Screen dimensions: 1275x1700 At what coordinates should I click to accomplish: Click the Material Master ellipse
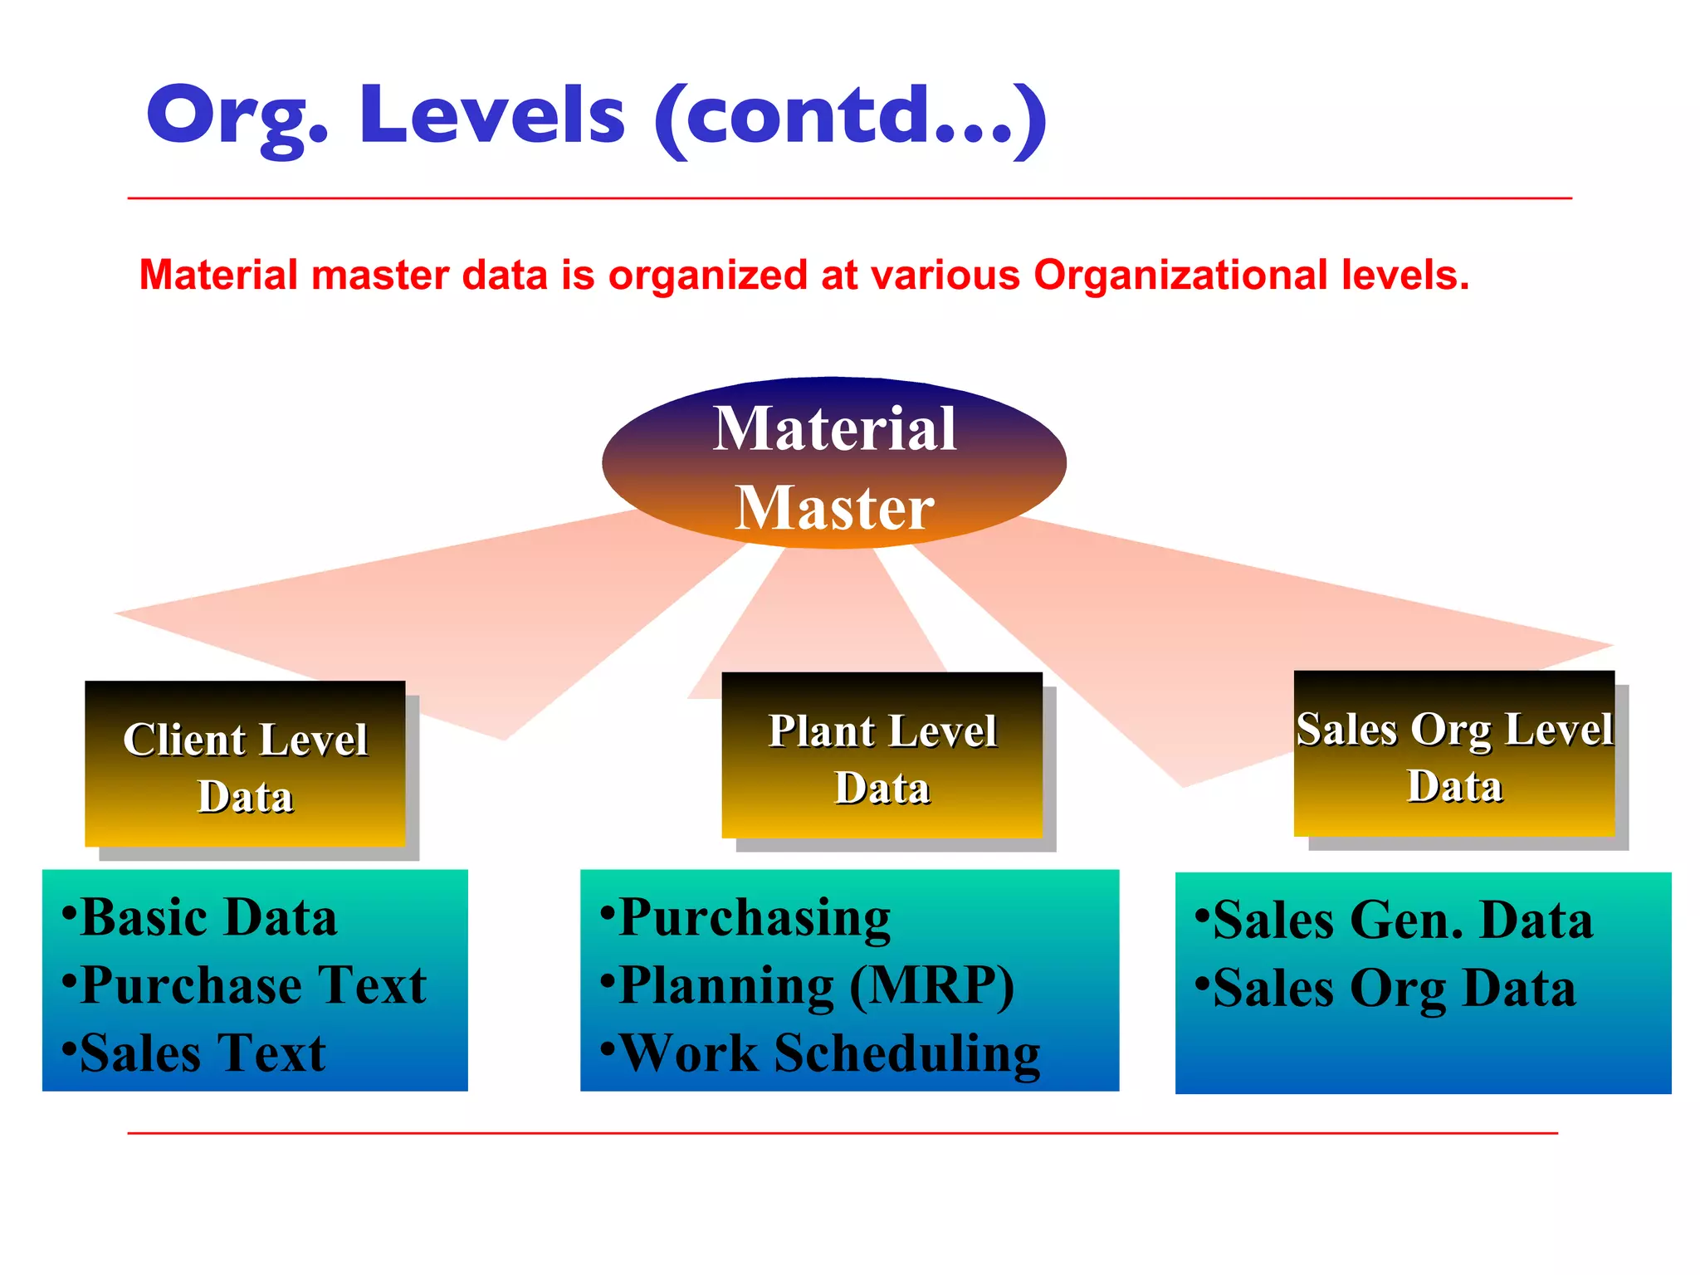pyautogui.click(x=833, y=462)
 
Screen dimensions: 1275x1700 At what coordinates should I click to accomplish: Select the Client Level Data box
pyautogui.click(x=245, y=764)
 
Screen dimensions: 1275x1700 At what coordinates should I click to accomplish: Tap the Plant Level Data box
pyautogui.click(x=882, y=755)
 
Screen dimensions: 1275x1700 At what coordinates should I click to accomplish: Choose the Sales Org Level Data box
pyautogui.click(x=1454, y=754)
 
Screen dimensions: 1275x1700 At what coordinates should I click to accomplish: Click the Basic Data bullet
pyautogui.click(x=208, y=918)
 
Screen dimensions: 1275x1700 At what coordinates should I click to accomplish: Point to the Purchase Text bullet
pyautogui.click(x=252, y=986)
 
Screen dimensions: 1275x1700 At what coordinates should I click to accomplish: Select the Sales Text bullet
pyautogui.click(x=202, y=1053)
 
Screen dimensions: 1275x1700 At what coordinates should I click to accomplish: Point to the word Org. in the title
pyautogui.click(x=237, y=116)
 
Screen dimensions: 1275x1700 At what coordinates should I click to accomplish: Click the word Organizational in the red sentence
pyautogui.click(x=1180, y=275)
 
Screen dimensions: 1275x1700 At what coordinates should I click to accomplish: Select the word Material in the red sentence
pyautogui.click(x=218, y=275)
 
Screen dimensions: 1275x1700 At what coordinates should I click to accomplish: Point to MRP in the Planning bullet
pyautogui.click(x=931, y=986)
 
